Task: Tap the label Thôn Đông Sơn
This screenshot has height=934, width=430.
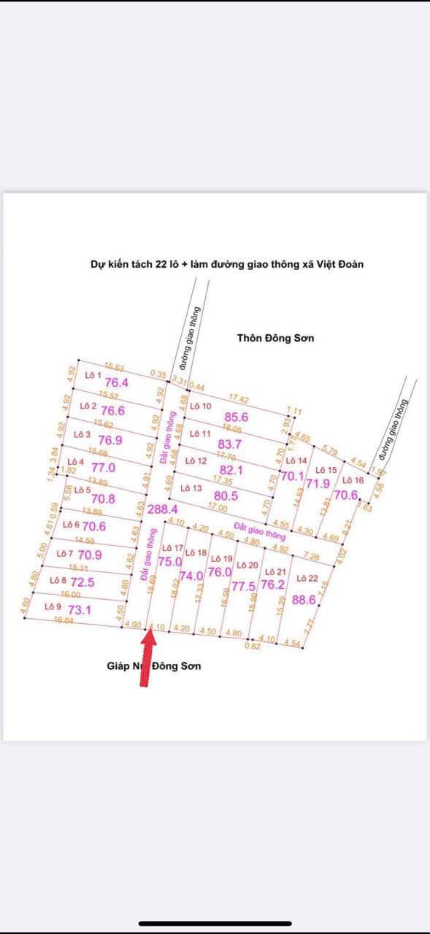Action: click(x=275, y=338)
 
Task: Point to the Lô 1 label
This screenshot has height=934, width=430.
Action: click(x=93, y=376)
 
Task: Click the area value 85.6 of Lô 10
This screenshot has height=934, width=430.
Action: click(x=234, y=417)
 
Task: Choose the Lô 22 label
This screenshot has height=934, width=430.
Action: click(x=307, y=578)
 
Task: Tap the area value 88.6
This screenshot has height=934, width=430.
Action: click(x=303, y=600)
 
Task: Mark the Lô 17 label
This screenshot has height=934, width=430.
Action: click(x=172, y=547)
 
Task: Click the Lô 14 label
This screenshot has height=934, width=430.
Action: click(x=296, y=461)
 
